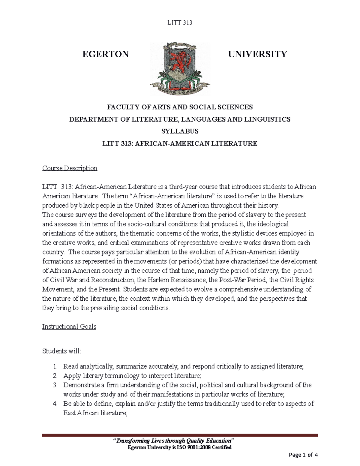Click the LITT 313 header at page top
pyautogui.click(x=179, y=23)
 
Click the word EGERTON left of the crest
pyautogui.click(x=105, y=54)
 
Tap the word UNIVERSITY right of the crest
pyautogui.click(x=257, y=54)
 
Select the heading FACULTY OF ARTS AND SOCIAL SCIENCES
pyautogui.click(x=180, y=107)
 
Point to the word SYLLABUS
pyautogui.click(x=180, y=131)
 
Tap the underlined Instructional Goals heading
pyautogui.click(x=69, y=326)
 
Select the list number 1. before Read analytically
pyautogui.click(x=55, y=366)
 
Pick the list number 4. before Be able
pyautogui.click(x=55, y=404)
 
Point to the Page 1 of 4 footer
pyautogui.click(x=303, y=455)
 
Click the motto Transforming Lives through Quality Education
pyautogui.click(x=173, y=440)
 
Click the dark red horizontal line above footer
pyautogui.click(x=180, y=435)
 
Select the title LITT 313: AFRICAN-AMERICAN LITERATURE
pyautogui.click(x=180, y=143)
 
